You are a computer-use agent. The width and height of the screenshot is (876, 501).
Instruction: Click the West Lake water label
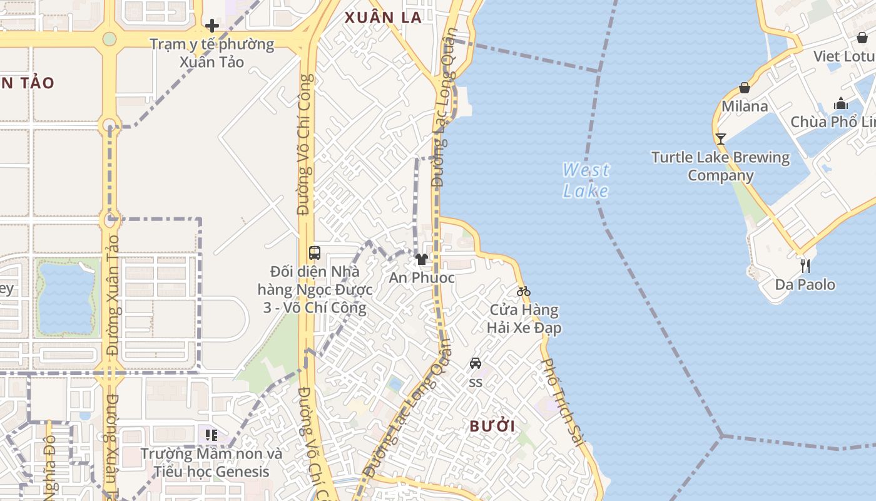[586, 180]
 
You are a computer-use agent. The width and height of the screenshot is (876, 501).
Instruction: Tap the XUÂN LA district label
[384, 18]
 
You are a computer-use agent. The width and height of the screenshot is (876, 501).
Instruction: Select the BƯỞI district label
[492, 426]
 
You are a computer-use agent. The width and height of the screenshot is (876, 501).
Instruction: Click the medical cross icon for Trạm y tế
[212, 26]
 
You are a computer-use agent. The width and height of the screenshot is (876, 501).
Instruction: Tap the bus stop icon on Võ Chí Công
[315, 253]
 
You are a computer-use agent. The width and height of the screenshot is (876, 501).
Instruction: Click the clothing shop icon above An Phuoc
[422, 259]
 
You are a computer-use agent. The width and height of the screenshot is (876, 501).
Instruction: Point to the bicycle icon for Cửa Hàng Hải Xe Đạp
[524, 291]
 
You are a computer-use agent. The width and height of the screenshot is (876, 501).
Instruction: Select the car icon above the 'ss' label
[476, 363]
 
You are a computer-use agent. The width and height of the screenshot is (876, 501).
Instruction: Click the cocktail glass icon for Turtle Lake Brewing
[721, 138]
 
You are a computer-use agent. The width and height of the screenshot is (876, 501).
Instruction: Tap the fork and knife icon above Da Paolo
[805, 266]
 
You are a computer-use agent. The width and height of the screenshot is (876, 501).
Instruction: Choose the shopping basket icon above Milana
[745, 88]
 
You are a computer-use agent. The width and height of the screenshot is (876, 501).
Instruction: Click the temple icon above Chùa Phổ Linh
[841, 103]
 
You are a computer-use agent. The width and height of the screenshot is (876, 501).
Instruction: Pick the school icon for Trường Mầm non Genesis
[211, 435]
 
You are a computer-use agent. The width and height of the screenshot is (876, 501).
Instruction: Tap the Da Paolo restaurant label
[805, 285]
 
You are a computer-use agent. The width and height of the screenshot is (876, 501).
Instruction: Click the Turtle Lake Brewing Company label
[721, 166]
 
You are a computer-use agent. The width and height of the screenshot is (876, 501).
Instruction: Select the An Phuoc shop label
[422, 277]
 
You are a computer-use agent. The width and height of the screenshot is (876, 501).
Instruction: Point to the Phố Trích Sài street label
[562, 401]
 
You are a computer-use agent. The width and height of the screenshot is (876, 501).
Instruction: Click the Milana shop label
[745, 106]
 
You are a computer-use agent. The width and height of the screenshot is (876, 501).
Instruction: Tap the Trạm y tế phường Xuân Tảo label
[211, 53]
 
